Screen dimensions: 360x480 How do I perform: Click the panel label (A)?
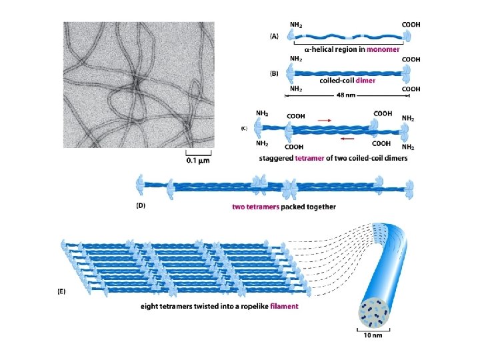[274, 37]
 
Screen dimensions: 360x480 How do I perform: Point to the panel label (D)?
[139, 206]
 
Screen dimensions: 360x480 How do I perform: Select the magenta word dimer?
[365, 81]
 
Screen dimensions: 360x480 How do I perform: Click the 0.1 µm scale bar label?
[199, 160]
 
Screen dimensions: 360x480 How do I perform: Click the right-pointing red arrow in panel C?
[324, 119]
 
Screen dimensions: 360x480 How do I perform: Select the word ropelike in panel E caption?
[248, 307]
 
